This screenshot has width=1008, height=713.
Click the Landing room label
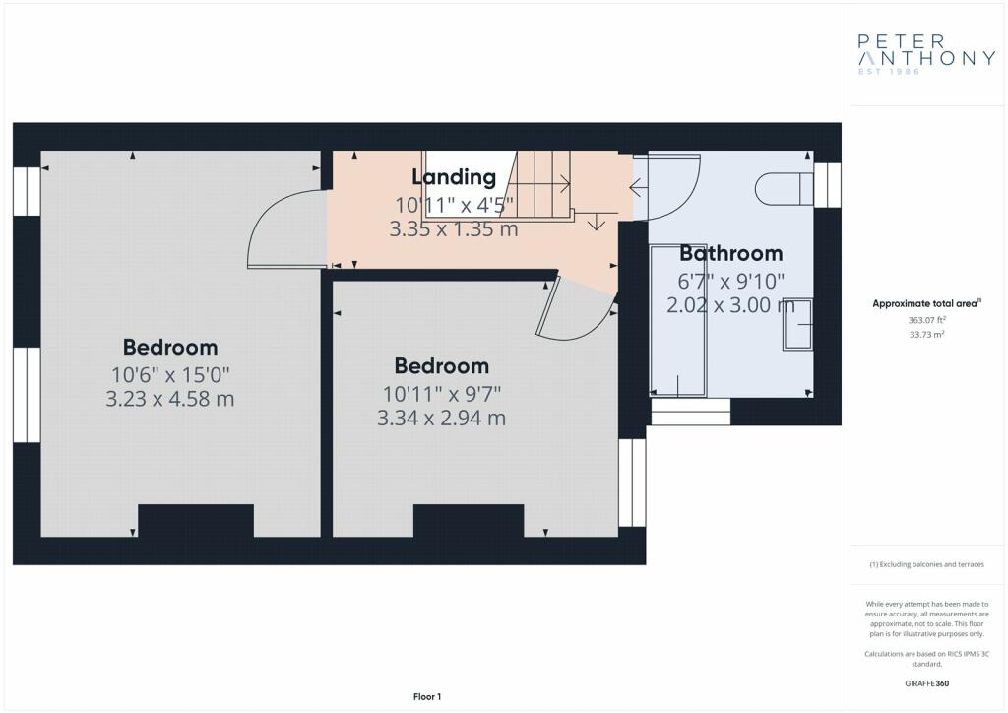454,177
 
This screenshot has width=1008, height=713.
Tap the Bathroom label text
731,253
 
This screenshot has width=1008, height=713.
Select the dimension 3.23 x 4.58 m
169,399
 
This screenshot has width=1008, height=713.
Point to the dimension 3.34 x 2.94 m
441,419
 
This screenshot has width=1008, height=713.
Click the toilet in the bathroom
785,188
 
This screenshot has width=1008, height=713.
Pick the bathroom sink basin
797,325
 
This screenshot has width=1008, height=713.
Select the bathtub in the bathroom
678,320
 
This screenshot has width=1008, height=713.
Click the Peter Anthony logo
926,54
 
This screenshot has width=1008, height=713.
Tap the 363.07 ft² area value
926,319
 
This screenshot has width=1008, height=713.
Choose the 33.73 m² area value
926,334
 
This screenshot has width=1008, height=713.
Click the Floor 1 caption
427,697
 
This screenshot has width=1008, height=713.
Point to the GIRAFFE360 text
926,683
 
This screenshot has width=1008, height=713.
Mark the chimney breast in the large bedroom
196,521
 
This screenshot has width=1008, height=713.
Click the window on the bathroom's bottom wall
690,412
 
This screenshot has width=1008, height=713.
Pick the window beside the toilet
827,185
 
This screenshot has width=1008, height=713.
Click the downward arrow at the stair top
596,222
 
